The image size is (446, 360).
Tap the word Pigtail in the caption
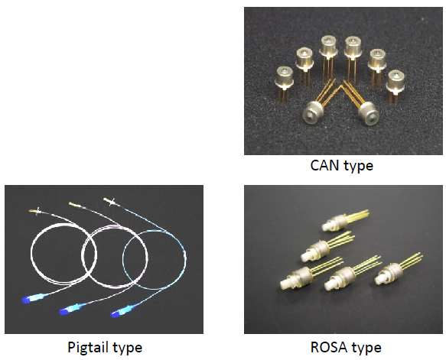pyautogui.click(x=88, y=347)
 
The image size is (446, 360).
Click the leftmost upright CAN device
pyautogui.click(x=284, y=84)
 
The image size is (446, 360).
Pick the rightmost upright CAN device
pyautogui.click(x=395, y=86)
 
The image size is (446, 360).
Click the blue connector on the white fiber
pyautogui.click(x=34, y=298)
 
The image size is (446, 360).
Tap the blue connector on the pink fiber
pyautogui.click(x=71, y=309)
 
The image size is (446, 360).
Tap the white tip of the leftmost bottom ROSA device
pyautogui.click(x=285, y=284)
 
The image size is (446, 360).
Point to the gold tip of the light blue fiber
pyautogui.click(x=109, y=201)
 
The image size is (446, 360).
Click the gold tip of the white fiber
pyautogui.click(x=34, y=211)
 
